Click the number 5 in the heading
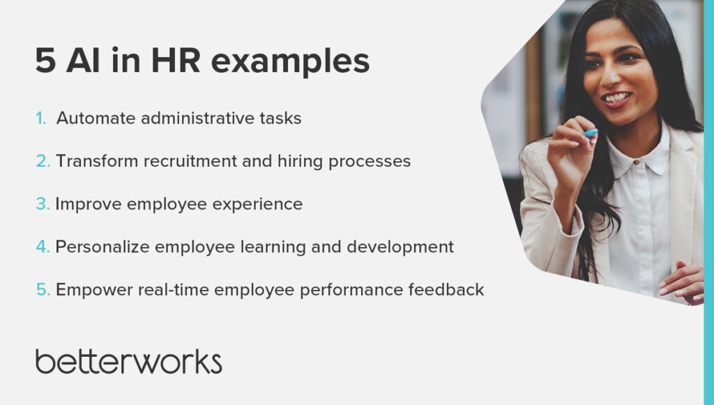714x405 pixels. pos(45,62)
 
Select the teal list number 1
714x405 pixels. pos(40,119)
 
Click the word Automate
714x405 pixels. pos(96,119)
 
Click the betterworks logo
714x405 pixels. pos(129,361)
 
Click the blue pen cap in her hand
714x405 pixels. pos(591,133)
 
